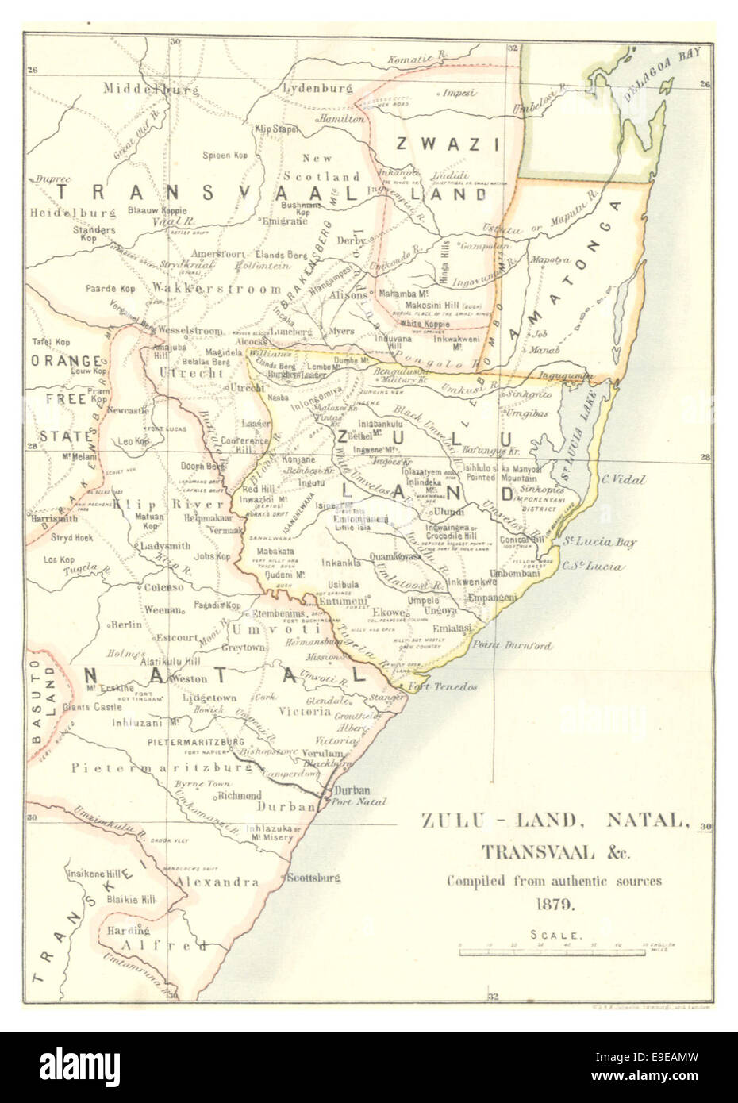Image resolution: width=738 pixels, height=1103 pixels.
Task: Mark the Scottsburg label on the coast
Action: coord(313,878)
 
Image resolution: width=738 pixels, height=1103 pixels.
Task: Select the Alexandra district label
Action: coord(218,882)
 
